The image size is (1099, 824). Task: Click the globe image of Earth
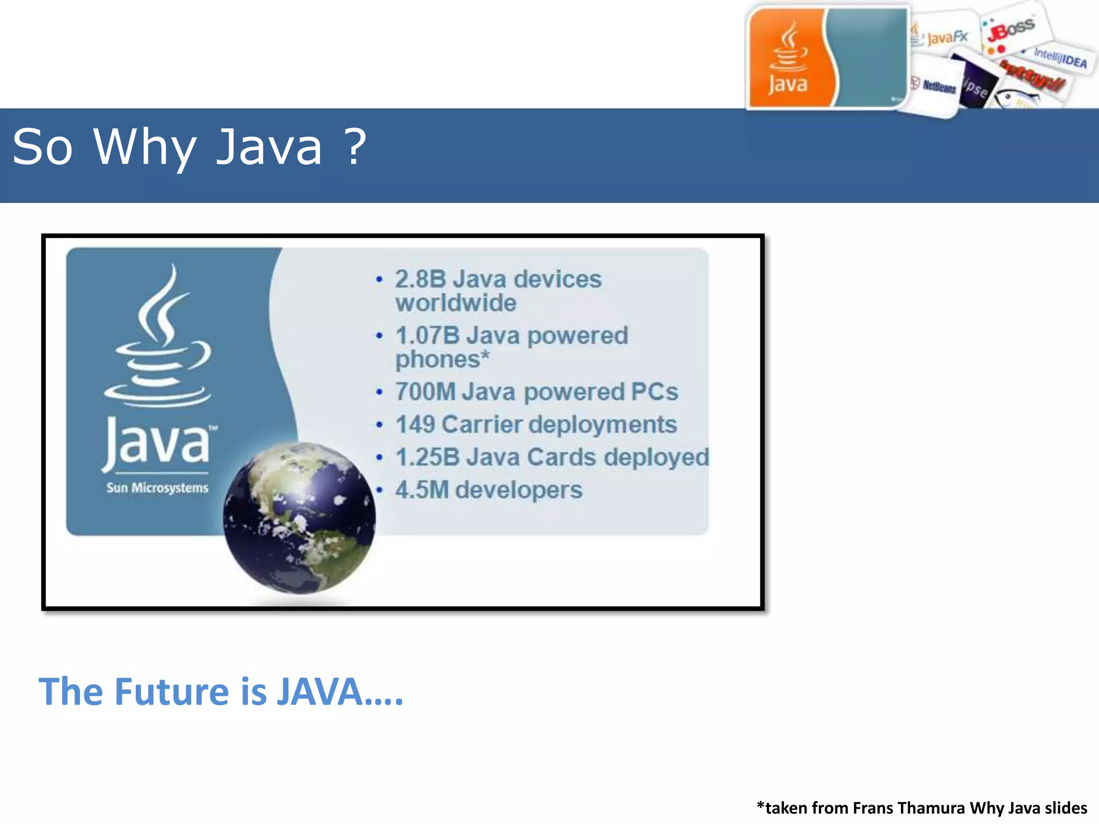coord(299,518)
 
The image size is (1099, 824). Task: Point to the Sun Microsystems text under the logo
coord(157,488)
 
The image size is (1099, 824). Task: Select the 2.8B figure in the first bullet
coord(421,279)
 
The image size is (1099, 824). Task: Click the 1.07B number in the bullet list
coord(427,335)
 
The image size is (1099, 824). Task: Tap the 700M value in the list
coord(425,392)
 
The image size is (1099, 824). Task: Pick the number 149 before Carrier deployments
coord(415,424)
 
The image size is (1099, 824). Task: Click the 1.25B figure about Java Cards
coord(428,458)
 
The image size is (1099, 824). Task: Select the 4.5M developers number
coord(422,490)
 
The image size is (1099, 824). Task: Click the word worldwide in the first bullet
coord(456,303)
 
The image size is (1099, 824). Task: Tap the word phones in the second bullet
coord(438,359)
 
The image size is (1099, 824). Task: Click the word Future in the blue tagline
coord(172,691)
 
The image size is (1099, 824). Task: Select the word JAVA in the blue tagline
coord(319,691)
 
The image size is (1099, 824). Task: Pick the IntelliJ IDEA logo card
coord(1060,57)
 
